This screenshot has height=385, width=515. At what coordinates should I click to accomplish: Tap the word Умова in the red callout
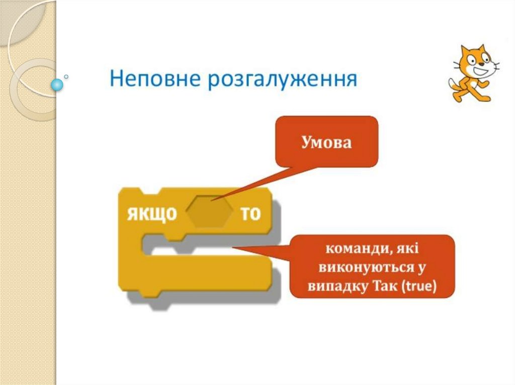click(x=326, y=142)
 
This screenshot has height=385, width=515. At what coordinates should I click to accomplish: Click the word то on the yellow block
click(x=250, y=214)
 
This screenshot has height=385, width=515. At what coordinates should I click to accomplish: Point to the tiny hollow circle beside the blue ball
click(x=66, y=77)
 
